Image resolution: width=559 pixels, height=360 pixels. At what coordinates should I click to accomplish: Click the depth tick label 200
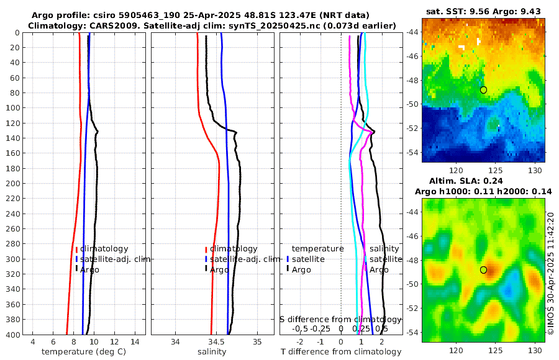[x=13, y=184]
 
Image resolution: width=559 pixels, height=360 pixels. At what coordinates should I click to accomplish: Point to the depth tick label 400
[x=13, y=335]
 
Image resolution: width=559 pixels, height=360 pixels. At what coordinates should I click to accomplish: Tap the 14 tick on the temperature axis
[x=134, y=342]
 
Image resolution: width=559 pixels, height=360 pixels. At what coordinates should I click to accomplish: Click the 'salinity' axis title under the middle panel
[x=212, y=352]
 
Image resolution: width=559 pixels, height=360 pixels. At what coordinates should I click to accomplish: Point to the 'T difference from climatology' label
[x=341, y=352]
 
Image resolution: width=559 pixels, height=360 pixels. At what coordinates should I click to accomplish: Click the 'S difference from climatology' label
[x=340, y=319]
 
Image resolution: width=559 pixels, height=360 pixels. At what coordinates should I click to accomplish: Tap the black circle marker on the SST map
[x=483, y=90]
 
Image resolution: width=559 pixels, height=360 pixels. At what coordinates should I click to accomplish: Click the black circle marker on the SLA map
[x=483, y=270]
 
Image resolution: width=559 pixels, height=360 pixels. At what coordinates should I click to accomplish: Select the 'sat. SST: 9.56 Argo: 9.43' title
[x=483, y=12]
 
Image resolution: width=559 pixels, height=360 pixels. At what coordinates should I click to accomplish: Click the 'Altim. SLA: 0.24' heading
[x=483, y=181]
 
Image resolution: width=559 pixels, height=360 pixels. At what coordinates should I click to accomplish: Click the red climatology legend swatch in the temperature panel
[x=76, y=250]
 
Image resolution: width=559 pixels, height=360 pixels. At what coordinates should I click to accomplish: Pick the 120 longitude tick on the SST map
[x=457, y=171]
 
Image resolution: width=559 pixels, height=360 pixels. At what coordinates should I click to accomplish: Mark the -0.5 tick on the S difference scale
[x=300, y=328]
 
